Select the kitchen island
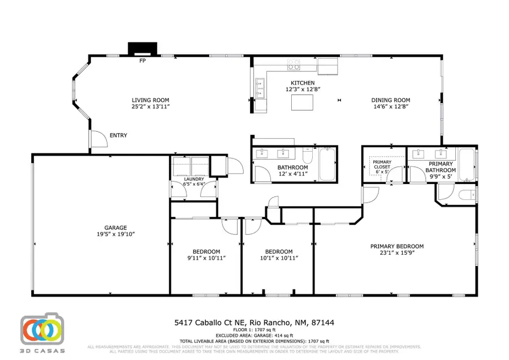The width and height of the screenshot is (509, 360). (x=302, y=102)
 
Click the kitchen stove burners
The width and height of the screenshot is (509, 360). (x=294, y=65)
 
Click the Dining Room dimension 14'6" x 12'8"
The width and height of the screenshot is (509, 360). (x=390, y=106)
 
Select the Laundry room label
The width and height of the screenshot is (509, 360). (x=193, y=178)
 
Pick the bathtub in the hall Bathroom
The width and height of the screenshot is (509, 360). (x=327, y=165)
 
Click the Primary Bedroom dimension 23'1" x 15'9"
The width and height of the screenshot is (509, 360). (x=396, y=254)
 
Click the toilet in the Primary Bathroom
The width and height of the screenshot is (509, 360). (x=467, y=196)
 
